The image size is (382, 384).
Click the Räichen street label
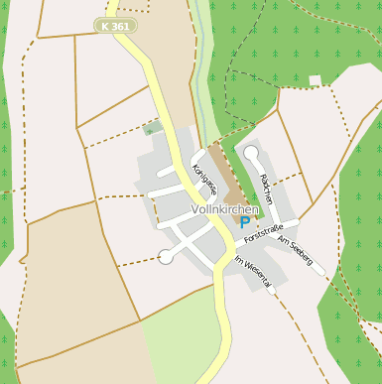click(x=265, y=188)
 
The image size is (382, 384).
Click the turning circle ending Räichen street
click(x=251, y=153)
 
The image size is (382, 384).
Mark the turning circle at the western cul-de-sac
click(x=165, y=257)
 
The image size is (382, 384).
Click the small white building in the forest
click(x=316, y=80)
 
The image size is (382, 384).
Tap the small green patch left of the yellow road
click(x=151, y=128)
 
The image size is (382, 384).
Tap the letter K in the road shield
click(x=107, y=26)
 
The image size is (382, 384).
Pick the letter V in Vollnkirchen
click(x=193, y=210)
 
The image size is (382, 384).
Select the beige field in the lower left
click(x=79, y=288)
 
